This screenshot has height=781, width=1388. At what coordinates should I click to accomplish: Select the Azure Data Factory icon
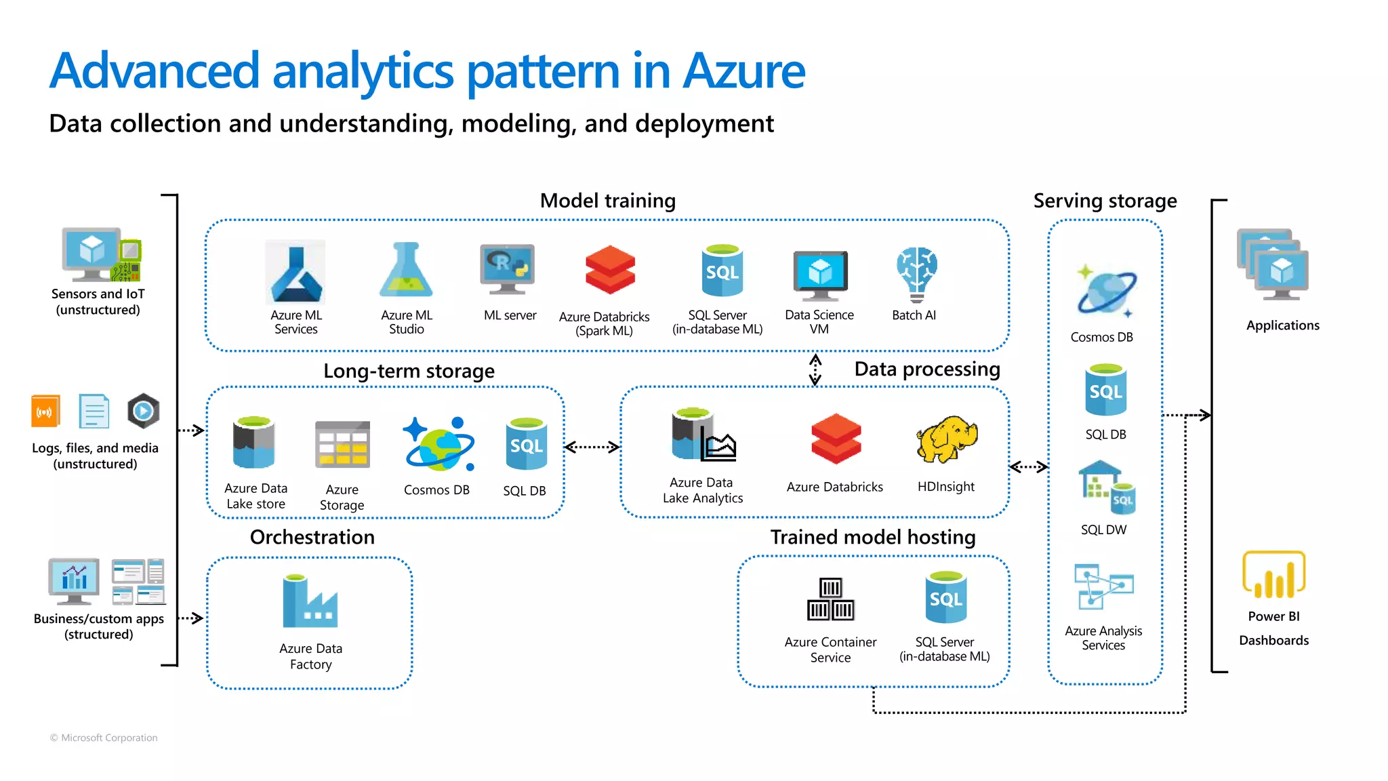pyautogui.click(x=310, y=601)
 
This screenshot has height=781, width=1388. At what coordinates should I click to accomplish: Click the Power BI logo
pyautogui.click(x=1273, y=575)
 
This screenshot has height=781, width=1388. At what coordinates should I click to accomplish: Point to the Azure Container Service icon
pyautogui.click(x=830, y=599)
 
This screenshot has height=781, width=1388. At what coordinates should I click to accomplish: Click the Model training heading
pyautogui.click(x=607, y=201)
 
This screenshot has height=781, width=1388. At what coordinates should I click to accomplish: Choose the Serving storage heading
pyautogui.click(x=1105, y=201)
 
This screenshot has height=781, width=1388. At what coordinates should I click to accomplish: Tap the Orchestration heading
pyautogui.click(x=312, y=537)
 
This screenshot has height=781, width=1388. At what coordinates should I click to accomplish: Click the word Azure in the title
pyautogui.click(x=743, y=71)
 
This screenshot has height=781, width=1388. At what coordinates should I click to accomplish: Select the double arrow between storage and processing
pyautogui.click(x=592, y=447)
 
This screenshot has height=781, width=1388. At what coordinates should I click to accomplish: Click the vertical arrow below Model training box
pyautogui.click(x=815, y=369)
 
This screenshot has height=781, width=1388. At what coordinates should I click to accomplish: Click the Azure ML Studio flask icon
pyautogui.click(x=406, y=271)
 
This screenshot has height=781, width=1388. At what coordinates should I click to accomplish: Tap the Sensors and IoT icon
pyautogui.click(x=101, y=255)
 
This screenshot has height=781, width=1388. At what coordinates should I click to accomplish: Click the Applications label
pyautogui.click(x=1282, y=325)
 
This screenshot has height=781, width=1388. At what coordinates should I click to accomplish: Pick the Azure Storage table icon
pyautogui.click(x=342, y=445)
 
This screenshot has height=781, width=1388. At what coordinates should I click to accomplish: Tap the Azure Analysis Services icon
pyautogui.click(x=1103, y=586)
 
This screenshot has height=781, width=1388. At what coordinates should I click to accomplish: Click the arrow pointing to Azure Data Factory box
pyautogui.click(x=190, y=618)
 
